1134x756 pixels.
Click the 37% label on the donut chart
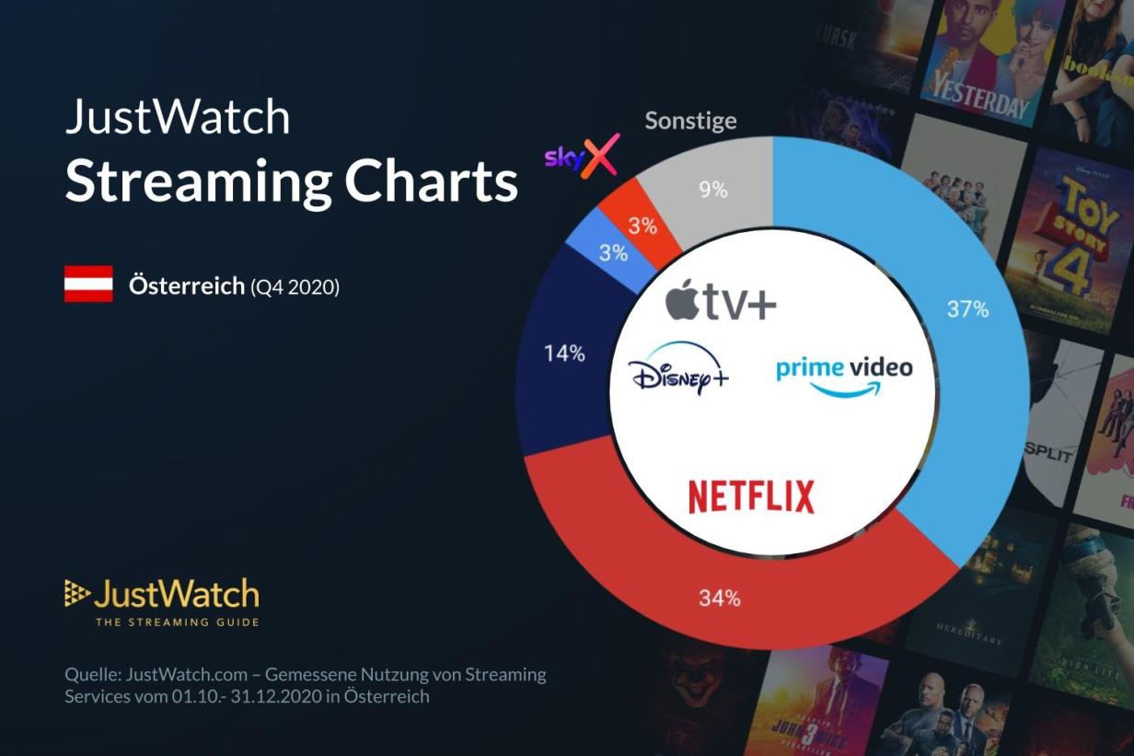(x=967, y=309)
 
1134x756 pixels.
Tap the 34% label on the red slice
(x=719, y=599)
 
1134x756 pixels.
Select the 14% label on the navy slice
(x=564, y=353)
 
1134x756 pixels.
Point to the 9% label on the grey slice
(x=712, y=190)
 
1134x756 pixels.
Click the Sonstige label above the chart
(x=690, y=121)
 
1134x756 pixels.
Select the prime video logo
(x=844, y=374)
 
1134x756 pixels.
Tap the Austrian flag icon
(x=88, y=284)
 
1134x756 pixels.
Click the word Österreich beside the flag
(x=187, y=286)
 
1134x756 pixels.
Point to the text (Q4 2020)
(x=295, y=287)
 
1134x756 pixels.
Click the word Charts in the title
(x=431, y=181)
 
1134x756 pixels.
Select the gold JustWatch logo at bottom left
(x=162, y=595)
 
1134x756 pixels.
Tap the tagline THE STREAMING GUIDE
(x=177, y=622)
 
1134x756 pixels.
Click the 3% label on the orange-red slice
(x=642, y=227)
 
